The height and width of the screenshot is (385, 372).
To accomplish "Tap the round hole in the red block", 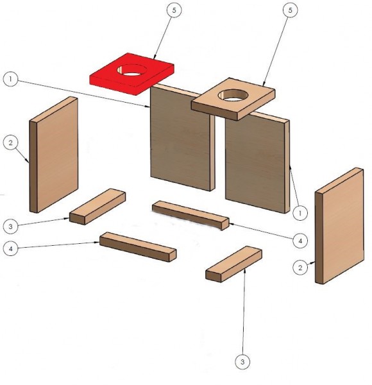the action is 131,70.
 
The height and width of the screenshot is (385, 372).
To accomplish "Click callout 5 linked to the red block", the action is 174,10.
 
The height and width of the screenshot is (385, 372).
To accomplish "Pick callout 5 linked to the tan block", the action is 291,10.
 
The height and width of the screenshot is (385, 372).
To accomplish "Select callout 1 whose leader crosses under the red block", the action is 10,79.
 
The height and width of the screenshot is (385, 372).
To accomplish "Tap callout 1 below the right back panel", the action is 300,213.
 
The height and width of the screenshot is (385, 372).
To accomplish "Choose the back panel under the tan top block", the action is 257,163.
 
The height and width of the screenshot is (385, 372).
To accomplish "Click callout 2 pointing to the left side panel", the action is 10,142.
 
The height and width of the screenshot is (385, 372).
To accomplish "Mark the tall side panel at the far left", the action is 54,155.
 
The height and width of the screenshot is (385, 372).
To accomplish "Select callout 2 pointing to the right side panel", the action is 300,268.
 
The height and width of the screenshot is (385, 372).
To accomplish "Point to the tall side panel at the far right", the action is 340,226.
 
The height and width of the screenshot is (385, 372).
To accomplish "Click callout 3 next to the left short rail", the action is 10,226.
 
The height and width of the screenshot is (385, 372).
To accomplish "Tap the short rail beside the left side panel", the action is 97,207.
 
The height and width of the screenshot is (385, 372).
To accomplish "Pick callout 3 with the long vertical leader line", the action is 242,361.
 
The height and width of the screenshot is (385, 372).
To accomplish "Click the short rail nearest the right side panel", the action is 234,264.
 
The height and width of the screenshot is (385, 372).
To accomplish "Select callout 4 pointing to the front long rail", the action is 10,248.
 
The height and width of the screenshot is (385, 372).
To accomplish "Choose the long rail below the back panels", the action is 190,216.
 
